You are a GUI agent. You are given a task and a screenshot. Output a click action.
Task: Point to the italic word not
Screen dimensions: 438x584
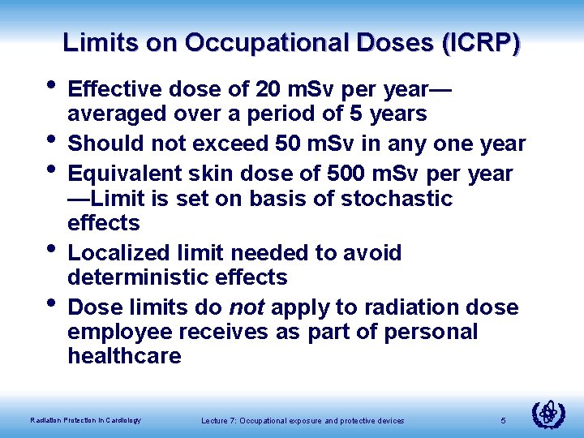click(247, 307)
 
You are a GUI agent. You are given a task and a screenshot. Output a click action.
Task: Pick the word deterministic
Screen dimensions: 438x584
click(141, 277)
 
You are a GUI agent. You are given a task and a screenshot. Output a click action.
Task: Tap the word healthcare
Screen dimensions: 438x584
click(124, 357)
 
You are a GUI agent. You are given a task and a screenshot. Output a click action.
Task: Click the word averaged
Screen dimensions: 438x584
click(118, 114)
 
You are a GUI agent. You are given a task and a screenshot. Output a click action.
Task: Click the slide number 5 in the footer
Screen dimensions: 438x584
click(503, 419)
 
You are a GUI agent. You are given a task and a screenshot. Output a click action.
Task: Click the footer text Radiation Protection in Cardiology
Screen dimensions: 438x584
click(85, 420)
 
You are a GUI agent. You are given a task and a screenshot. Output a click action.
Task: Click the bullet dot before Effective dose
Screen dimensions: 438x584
click(51, 84)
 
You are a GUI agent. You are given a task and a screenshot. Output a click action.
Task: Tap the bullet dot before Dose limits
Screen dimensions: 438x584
click(51, 305)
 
